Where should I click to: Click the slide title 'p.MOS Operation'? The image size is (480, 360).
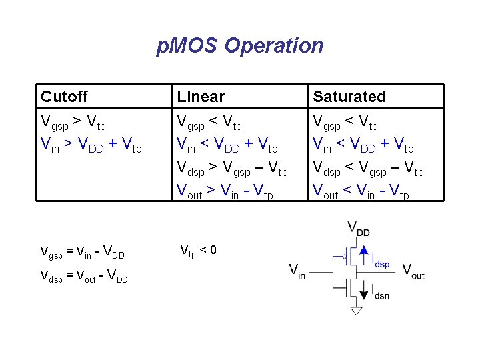point(240,46)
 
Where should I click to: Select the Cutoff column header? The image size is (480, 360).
point(64,97)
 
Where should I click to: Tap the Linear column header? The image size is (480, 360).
point(201,97)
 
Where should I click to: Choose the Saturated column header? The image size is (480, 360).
point(349,97)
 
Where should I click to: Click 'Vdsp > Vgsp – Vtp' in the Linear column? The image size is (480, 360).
point(232,170)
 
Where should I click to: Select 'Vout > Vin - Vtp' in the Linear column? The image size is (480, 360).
point(225,193)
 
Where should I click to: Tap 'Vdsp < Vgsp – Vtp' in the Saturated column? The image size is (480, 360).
point(369,170)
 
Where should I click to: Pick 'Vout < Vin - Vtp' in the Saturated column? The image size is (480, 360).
point(361,193)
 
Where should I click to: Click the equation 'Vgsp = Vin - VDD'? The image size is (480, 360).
point(83,253)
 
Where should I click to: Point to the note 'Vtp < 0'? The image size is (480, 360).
point(198,251)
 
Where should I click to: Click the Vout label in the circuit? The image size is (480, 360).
point(413,272)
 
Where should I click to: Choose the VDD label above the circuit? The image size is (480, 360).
point(359,228)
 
